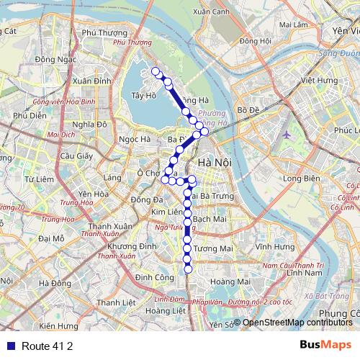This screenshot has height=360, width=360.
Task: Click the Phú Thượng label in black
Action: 100,32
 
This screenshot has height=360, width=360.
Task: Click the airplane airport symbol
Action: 288,134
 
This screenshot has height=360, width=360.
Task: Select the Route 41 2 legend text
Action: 47,346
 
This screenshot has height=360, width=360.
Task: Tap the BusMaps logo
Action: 325,345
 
